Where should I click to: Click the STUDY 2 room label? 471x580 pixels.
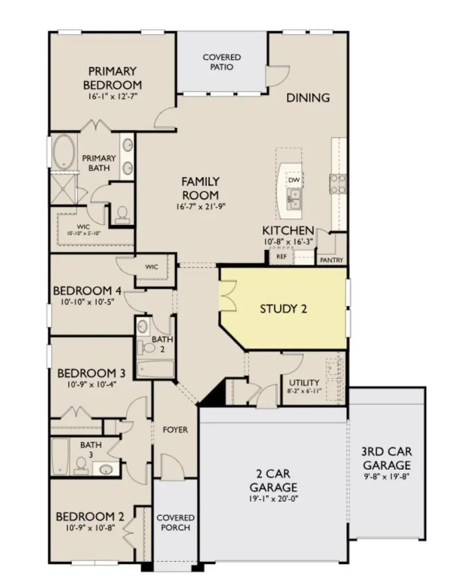click(283, 309)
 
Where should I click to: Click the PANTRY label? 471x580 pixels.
click(332, 260)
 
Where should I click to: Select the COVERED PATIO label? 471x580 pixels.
click(222, 62)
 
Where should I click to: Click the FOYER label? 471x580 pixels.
click(175, 430)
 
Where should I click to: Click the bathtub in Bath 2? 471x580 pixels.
click(155, 370)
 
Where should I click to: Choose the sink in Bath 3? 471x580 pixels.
click(107, 469)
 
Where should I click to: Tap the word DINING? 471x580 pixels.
click(308, 97)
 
